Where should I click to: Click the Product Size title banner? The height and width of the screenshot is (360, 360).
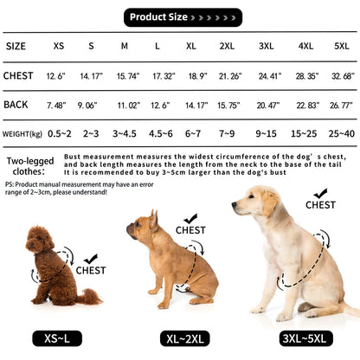click(180, 16)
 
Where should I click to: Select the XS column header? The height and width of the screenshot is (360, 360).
click(58, 45)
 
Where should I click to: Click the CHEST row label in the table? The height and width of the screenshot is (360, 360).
click(18, 76)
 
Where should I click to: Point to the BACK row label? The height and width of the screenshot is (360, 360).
click(17, 106)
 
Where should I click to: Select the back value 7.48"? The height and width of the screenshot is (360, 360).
click(58, 106)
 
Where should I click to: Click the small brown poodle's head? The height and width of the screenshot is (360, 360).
click(42, 241)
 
